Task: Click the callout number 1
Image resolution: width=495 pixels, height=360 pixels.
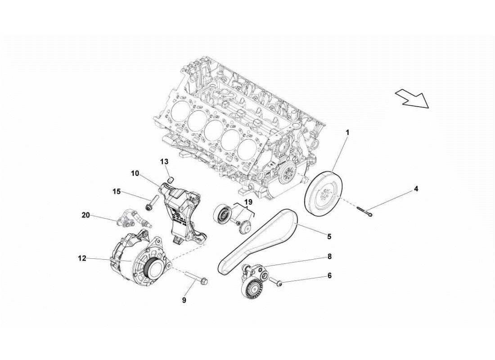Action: pos(347,132)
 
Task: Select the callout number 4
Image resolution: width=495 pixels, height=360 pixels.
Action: pos(416,189)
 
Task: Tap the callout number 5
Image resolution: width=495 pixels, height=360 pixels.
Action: pos(329,236)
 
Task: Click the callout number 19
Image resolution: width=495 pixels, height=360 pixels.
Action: pos(248,203)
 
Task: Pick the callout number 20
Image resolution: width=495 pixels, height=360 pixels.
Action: pos(85,215)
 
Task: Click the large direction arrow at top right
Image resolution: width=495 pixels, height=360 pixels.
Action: pos(412,99)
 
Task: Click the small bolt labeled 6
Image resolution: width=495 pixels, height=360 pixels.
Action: pos(278,283)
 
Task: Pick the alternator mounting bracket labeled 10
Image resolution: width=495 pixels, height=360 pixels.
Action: pos(182,211)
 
